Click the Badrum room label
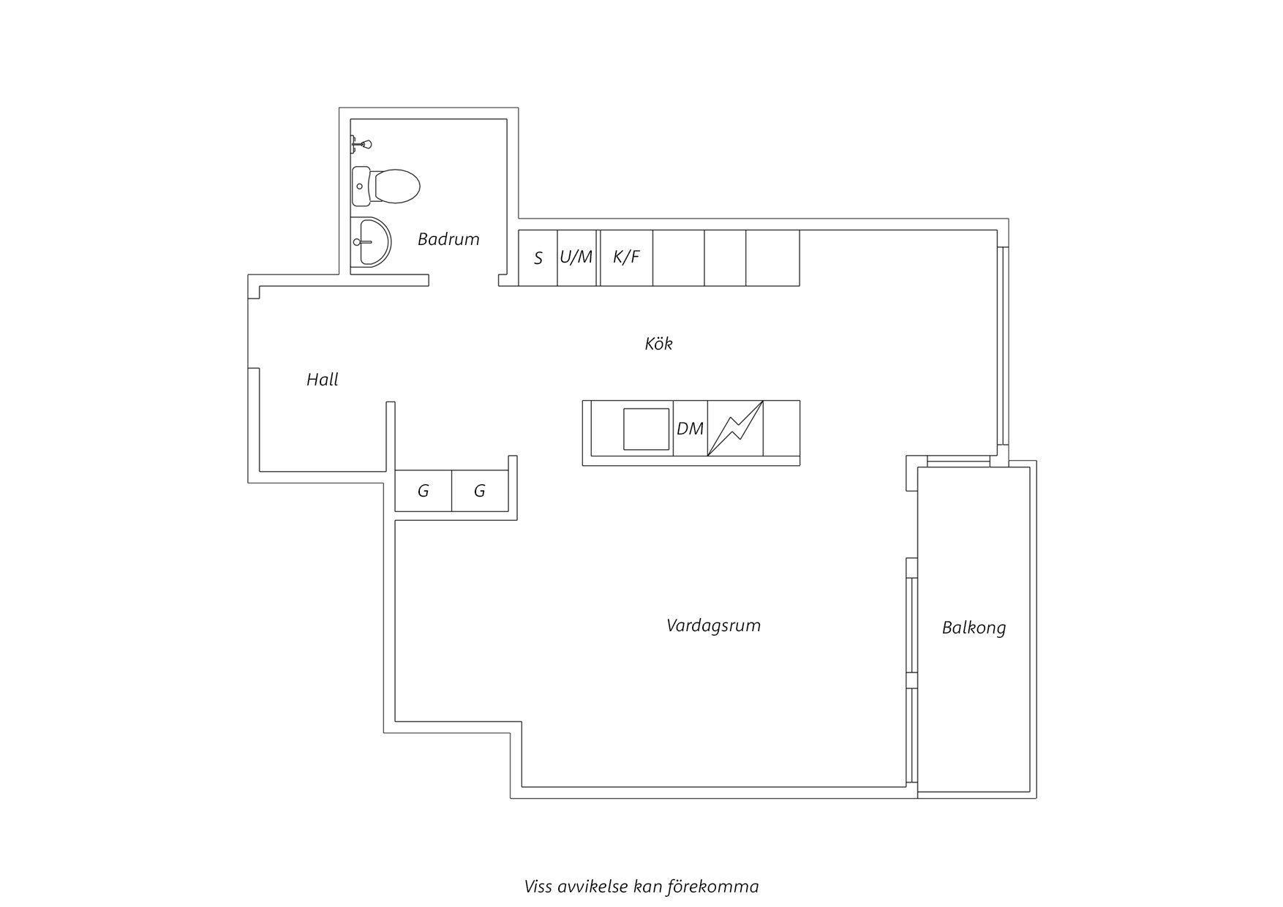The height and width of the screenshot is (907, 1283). (x=448, y=239)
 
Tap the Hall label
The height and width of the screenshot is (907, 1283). (x=323, y=380)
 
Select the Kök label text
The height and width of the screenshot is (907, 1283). (x=658, y=343)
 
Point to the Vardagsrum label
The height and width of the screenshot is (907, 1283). (x=713, y=626)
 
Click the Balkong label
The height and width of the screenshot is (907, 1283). (x=974, y=628)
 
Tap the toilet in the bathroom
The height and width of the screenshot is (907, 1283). (x=385, y=186)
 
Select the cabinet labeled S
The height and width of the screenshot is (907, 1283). (x=538, y=257)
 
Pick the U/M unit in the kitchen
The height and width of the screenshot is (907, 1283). (x=577, y=257)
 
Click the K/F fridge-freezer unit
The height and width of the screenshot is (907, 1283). (x=626, y=257)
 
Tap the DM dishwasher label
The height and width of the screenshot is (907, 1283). (x=690, y=429)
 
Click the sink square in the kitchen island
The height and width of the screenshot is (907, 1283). (x=646, y=429)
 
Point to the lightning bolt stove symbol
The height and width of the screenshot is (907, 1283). (x=736, y=428)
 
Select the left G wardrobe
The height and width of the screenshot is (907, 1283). (x=424, y=491)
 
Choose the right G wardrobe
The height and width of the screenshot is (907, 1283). (x=480, y=491)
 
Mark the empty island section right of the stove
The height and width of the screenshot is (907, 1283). (x=782, y=428)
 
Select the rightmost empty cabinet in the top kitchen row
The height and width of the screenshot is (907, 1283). (x=772, y=257)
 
